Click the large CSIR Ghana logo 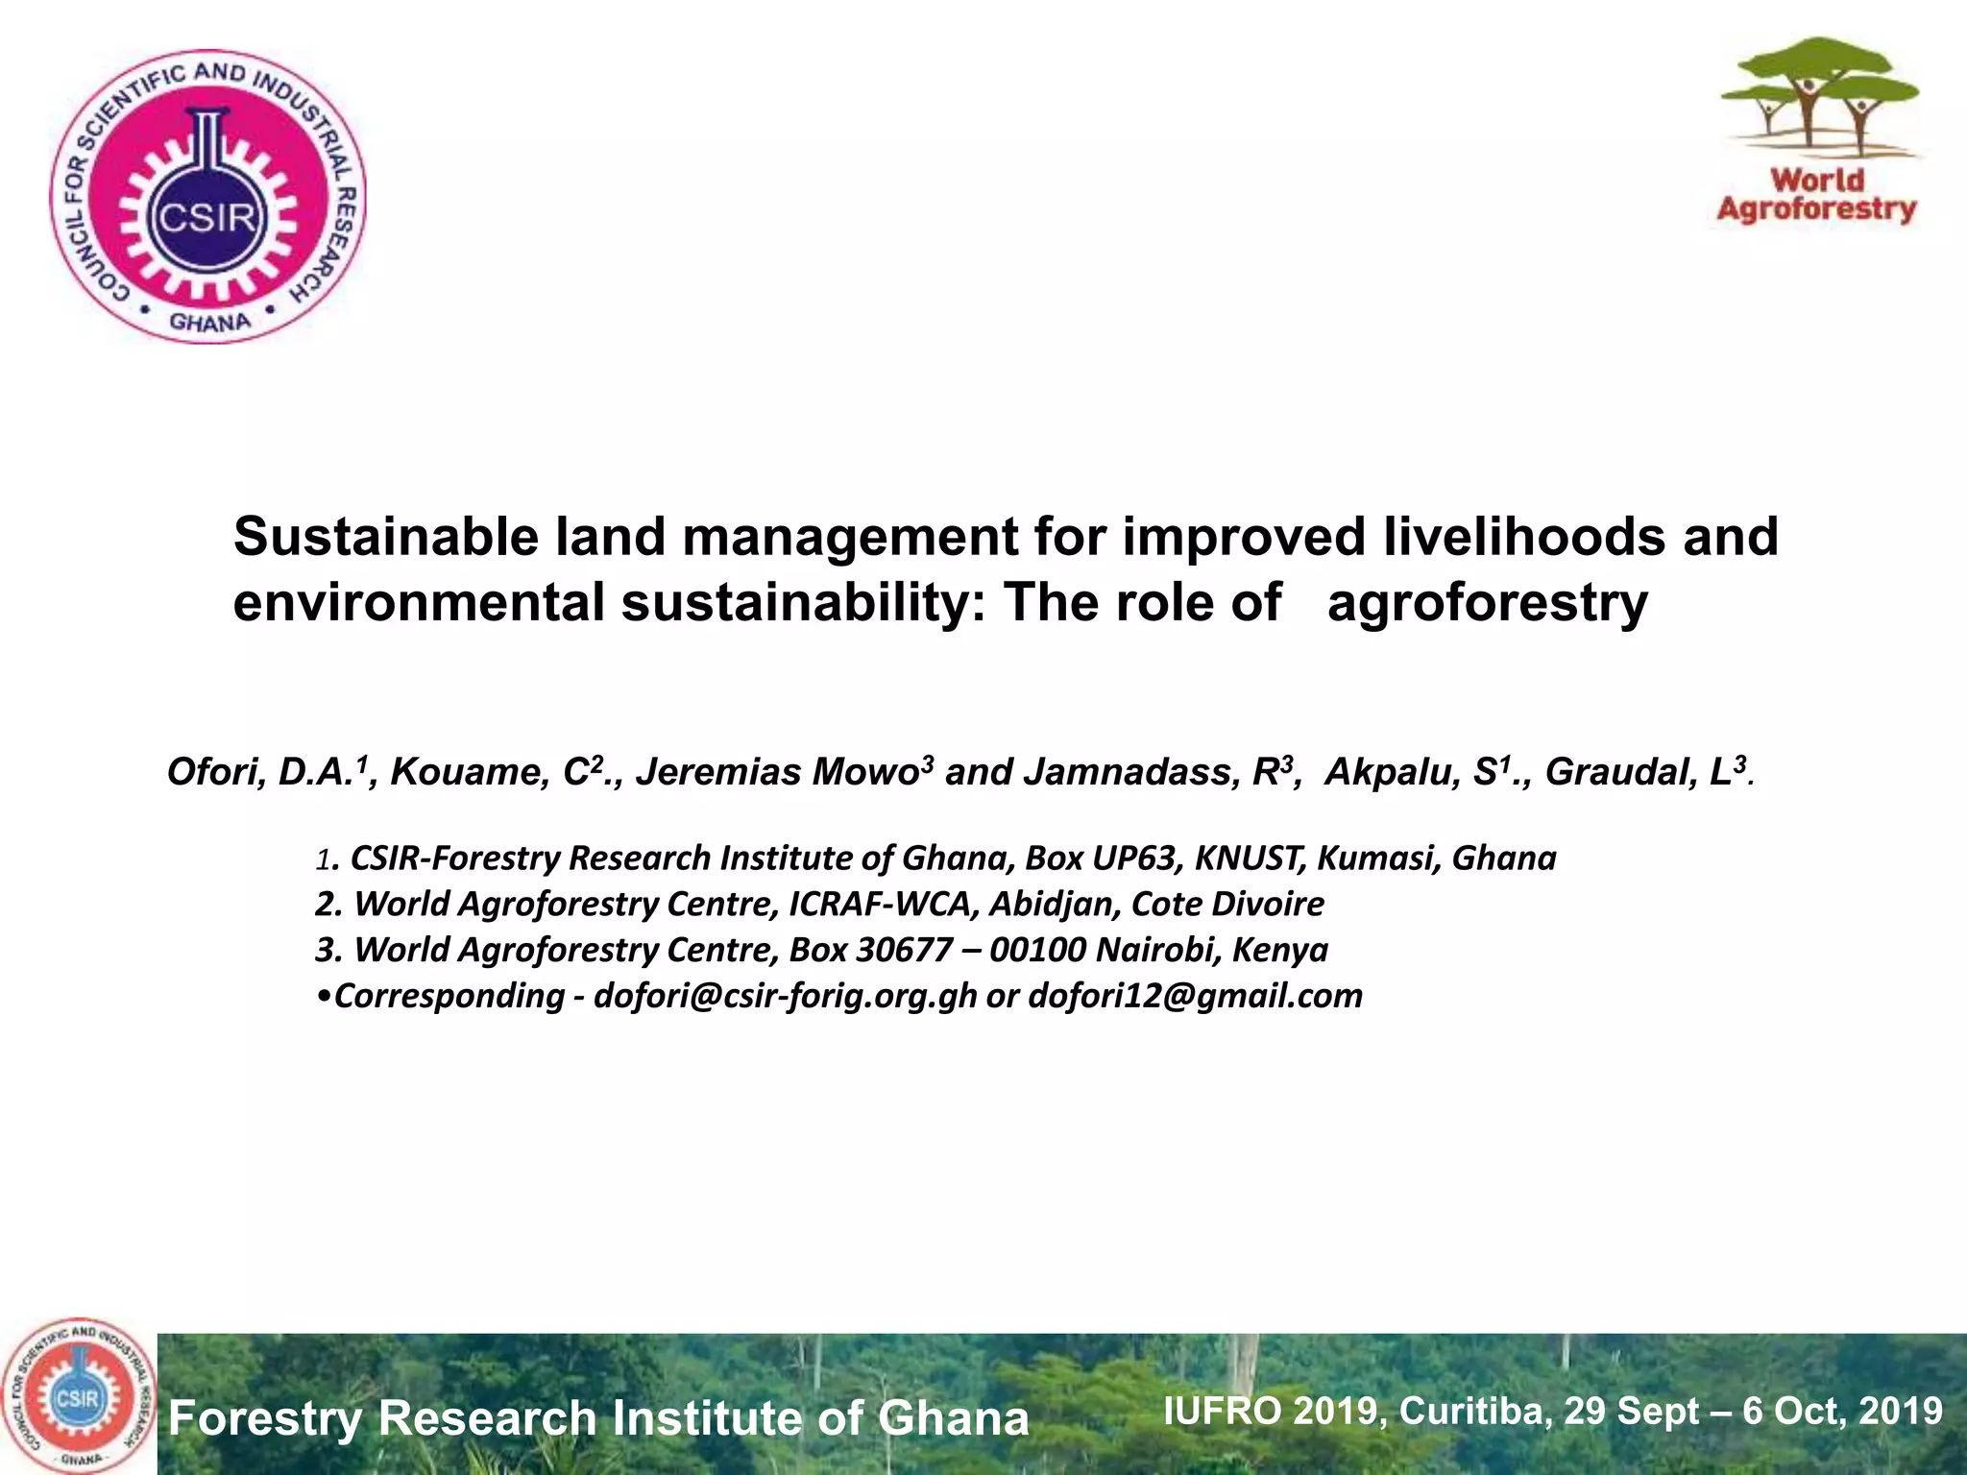click(x=208, y=198)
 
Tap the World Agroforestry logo click(x=1816, y=132)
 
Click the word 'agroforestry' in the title click(x=1487, y=603)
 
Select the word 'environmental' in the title click(x=419, y=603)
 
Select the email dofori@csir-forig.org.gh click(x=785, y=996)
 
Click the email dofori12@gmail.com click(x=1195, y=996)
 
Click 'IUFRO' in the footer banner click(x=1222, y=1411)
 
